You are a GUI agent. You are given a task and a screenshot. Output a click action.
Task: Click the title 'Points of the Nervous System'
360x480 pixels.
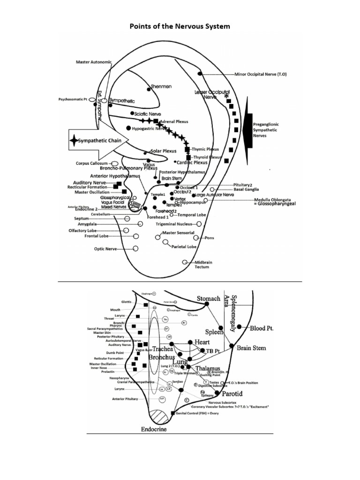pos(180,26)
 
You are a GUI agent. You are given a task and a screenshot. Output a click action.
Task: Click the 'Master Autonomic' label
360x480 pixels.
pos(94,62)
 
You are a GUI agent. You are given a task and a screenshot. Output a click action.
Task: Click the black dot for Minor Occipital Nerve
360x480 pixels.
pos(200,74)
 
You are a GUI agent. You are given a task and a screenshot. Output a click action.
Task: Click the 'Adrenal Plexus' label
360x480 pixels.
pos(174,121)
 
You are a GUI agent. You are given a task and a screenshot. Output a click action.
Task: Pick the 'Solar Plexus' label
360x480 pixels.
pos(163,151)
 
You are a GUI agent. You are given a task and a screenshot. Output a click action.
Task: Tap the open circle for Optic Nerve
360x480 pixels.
pos(135,248)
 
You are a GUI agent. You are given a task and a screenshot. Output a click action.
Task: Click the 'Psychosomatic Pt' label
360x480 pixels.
pos(73,99)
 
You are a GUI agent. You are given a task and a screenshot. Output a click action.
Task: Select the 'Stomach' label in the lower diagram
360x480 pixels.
pos(208,298)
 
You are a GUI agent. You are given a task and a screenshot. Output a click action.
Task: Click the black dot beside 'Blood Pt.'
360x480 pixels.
pos(240,327)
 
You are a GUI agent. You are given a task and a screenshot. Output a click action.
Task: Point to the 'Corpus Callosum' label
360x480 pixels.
pos(90,164)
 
